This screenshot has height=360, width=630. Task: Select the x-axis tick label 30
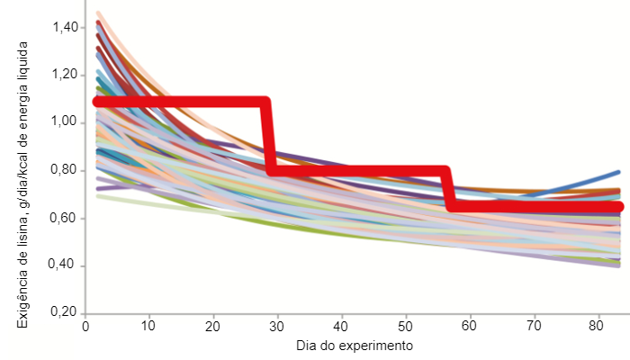coord(277,326)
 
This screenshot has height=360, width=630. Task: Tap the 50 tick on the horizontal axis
coord(406,326)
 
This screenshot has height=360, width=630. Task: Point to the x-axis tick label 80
coord(598,326)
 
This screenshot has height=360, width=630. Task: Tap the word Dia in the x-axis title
coord(307,346)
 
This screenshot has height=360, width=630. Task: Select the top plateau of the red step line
coord(180,102)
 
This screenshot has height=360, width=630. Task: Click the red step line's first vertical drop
coord(268,135)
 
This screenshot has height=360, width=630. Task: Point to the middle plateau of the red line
coord(360,170)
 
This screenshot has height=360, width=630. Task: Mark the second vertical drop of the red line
coord(448,189)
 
